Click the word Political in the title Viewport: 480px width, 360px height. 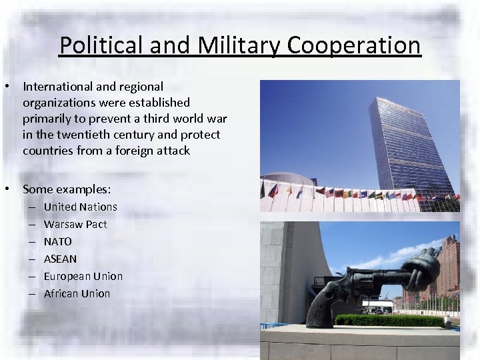(100, 45)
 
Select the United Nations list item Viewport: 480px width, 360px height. (80, 207)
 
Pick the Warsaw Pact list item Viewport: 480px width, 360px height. (75, 224)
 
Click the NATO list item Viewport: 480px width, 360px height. (57, 241)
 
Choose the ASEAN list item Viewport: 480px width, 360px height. (60, 259)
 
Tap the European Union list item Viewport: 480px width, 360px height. (83, 276)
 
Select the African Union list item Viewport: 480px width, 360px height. (77, 293)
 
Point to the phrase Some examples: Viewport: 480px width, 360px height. (67, 189)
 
